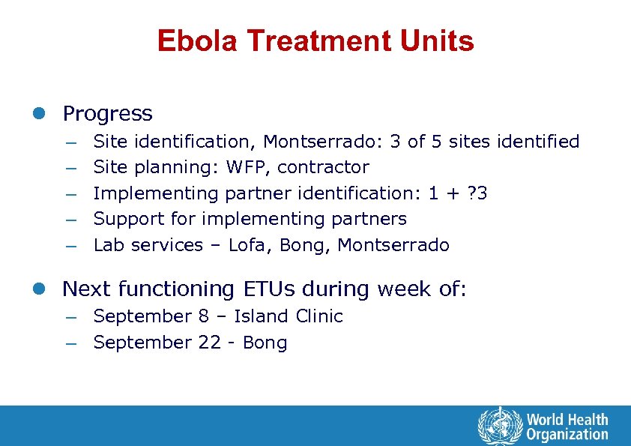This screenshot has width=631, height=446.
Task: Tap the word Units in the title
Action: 438,41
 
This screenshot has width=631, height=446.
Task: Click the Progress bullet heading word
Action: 107,114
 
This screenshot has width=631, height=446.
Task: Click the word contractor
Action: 323,167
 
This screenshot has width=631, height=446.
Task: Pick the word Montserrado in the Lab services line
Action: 393,245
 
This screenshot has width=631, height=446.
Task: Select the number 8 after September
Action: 204,316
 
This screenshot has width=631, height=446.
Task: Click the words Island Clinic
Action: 288,316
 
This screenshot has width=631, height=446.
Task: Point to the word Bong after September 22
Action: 265,343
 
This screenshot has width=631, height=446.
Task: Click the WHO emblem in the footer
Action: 498,425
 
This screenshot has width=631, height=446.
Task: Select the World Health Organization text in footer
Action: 567,426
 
